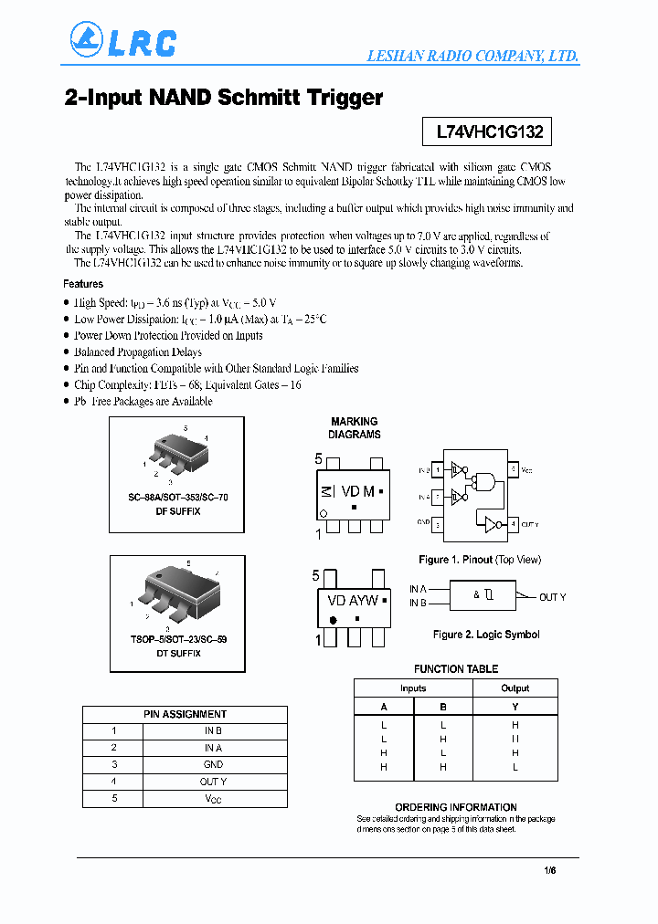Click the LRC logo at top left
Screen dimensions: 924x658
coord(122,41)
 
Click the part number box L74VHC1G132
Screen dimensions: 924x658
coord(489,131)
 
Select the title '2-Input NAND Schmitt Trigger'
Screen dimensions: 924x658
coord(224,98)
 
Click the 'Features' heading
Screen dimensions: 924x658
coord(83,284)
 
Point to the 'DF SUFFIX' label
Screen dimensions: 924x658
coord(177,511)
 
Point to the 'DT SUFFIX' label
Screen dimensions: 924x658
coord(177,653)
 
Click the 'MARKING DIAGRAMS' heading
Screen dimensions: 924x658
coord(354,428)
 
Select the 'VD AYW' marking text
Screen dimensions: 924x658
coord(353,600)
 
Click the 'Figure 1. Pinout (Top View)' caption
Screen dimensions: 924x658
coord(479,559)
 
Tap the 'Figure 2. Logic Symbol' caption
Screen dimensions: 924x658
coord(485,634)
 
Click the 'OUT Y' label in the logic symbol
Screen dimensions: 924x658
coord(552,597)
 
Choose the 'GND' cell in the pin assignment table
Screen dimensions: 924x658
coord(213,764)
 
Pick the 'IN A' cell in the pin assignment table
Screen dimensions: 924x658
coord(213,748)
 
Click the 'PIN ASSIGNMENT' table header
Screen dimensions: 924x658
coord(185,714)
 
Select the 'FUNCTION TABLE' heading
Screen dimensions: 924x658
coord(455,668)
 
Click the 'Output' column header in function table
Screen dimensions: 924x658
coord(515,688)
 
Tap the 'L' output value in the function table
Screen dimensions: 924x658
coord(515,767)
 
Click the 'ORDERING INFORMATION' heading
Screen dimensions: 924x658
coord(455,807)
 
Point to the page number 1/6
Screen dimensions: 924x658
coord(549,871)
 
